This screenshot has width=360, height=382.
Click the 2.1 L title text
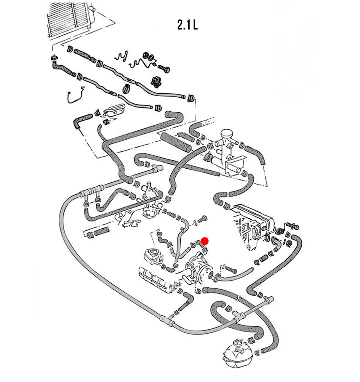point(187,25)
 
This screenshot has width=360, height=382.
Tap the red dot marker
point(204,241)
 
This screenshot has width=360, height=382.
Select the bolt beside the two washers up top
point(164,68)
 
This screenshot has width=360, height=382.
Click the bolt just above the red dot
point(202,218)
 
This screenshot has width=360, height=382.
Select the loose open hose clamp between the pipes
point(127,87)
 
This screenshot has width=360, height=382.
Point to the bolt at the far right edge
point(292,226)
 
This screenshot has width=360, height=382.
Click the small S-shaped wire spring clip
point(121,56)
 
